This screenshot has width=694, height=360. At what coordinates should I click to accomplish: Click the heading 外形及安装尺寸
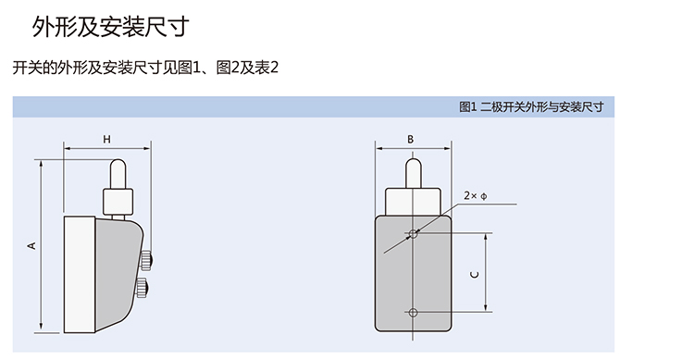(x=110, y=28)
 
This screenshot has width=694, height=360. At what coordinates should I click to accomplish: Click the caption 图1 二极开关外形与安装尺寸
(x=530, y=106)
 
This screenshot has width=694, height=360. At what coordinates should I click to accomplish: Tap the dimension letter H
(x=107, y=140)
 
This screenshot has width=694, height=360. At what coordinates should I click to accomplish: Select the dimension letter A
(x=31, y=245)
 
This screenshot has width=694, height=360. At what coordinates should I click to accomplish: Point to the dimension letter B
(x=411, y=140)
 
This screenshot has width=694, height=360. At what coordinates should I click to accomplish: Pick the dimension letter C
(x=474, y=275)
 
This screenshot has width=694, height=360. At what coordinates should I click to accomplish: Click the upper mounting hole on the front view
(x=413, y=233)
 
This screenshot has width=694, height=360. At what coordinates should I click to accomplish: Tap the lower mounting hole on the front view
(x=413, y=312)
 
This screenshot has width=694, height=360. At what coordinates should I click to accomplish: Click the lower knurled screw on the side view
(x=144, y=288)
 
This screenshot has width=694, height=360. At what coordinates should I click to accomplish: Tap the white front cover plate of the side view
(x=78, y=273)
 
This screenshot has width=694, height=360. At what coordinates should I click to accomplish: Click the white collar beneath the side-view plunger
(x=118, y=200)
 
